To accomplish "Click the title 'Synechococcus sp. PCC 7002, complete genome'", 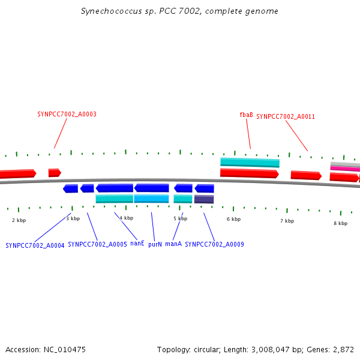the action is [179, 11].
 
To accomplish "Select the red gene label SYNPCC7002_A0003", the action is [67, 114].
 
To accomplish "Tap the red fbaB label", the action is [246, 115].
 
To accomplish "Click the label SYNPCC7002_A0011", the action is [286, 116].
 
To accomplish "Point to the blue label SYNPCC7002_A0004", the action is [35, 245].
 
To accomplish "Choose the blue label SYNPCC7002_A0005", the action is [97, 244].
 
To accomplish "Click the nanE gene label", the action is [137, 244].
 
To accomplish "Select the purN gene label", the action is [155, 244].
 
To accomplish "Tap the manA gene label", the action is [173, 244].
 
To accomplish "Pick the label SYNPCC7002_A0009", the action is [214, 244].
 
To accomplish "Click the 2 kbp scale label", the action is [19, 220].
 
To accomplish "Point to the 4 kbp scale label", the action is [126, 218].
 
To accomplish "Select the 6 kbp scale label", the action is [233, 219].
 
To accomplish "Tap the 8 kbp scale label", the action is [340, 223].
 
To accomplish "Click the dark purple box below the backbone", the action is [204, 199].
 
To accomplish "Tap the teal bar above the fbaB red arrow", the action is [250, 162].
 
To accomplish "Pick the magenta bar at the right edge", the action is [345, 169].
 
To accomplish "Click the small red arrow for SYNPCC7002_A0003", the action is [55, 173].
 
